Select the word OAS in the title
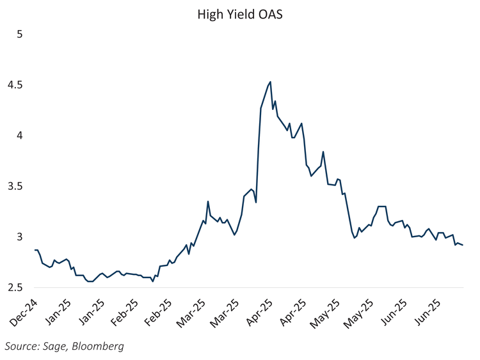pyautogui.click(x=269, y=14)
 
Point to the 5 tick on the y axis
pyautogui.click(x=19, y=34)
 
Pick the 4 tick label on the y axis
pyautogui.click(x=19, y=135)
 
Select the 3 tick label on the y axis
pyautogui.click(x=19, y=237)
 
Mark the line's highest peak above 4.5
pyautogui.click(x=270, y=82)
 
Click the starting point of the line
pyautogui.click(x=35, y=250)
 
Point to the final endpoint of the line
pyautogui.click(x=463, y=245)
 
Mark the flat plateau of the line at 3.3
pyautogui.click(x=382, y=207)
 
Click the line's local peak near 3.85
pyautogui.click(x=323, y=152)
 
